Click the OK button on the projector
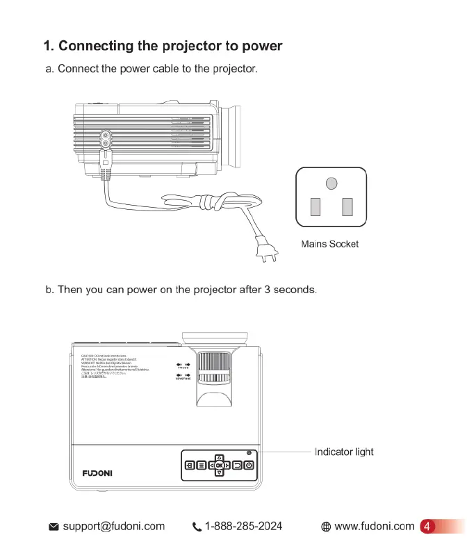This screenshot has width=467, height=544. tap(219, 465)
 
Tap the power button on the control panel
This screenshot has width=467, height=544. tap(249, 465)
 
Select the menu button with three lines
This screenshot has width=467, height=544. tap(199, 465)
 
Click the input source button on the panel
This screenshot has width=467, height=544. tap(188, 465)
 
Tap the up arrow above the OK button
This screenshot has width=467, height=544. tap(219, 456)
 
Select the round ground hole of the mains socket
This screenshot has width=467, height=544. tap(332, 183)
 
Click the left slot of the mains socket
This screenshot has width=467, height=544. tap(315, 206)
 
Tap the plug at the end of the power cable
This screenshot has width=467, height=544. tap(265, 252)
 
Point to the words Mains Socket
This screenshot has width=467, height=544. tap(330, 244)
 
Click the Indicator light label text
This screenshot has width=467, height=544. tap(344, 452)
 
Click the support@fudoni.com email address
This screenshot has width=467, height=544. tap(113, 527)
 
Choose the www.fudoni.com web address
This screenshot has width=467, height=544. tap(374, 527)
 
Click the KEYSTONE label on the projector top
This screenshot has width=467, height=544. tap(183, 379)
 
